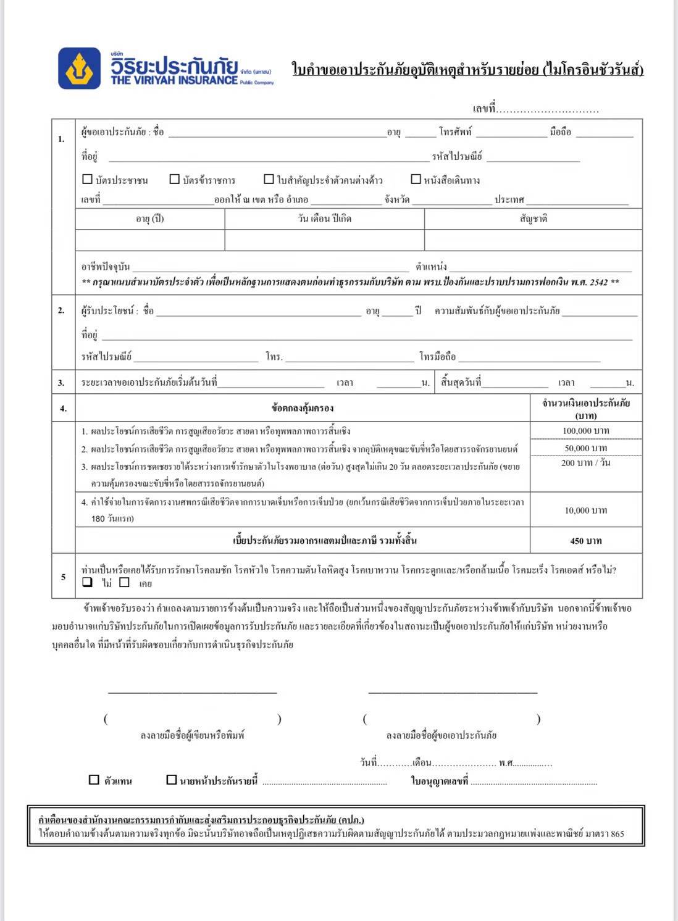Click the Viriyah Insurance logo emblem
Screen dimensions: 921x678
pos(80,68)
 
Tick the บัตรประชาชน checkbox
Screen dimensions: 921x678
pos(88,180)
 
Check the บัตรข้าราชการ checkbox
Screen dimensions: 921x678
pos(175,180)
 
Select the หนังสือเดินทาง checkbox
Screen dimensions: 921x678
pos(416,180)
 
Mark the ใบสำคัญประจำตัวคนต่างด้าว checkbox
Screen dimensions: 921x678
pos(269,180)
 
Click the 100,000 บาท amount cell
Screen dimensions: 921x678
pos(585,431)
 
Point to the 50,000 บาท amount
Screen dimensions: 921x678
pos(585,448)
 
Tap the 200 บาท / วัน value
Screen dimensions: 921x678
pos(585,463)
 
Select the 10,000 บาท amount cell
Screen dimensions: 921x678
pos(585,511)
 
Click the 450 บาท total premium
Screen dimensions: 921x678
pos(585,541)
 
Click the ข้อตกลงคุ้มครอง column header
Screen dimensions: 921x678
pos(303,408)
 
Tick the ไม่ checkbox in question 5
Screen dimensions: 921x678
pos(88,582)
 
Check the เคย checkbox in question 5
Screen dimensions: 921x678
pos(125,582)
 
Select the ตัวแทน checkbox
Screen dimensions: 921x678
pos(94,780)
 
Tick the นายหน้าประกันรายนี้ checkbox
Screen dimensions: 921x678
pos(172,780)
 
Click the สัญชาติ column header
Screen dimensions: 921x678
pos(534,219)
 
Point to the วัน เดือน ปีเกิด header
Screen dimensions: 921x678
pos(324,219)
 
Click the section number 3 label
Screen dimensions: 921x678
pos(61,383)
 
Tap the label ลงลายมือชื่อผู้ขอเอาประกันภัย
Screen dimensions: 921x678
pos(442,735)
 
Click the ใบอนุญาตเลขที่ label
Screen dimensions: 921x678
pos(440,781)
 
